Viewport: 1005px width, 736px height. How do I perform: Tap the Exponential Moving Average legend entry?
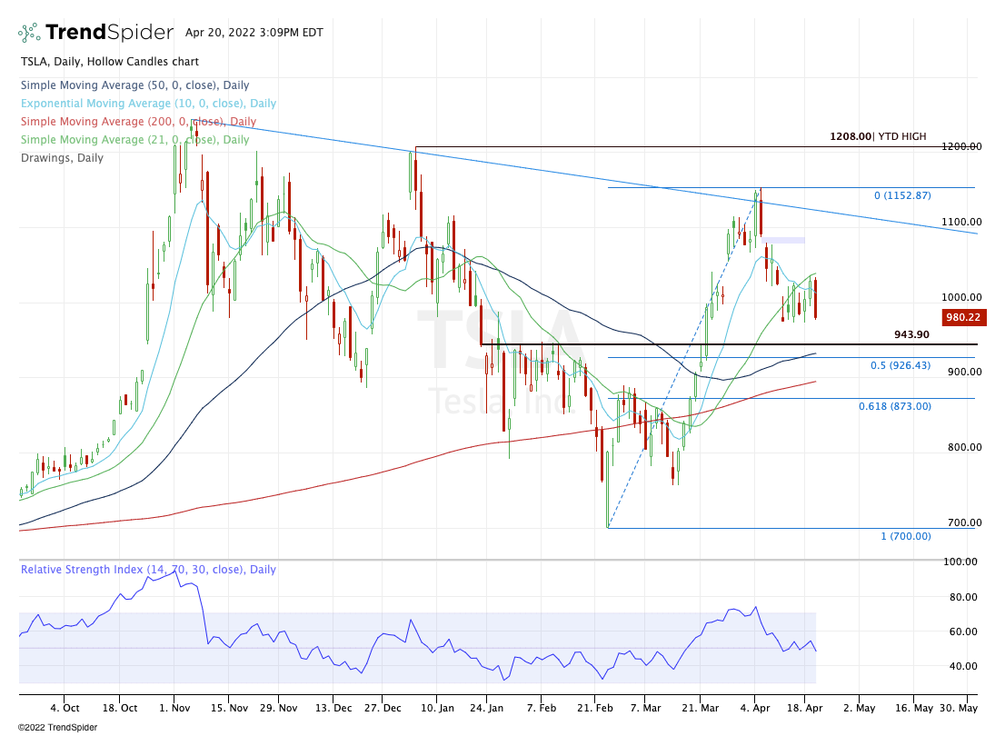[x=147, y=104]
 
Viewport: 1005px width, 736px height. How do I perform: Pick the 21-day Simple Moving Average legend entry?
[x=134, y=140]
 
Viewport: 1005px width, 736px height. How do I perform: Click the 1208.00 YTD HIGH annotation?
[x=877, y=136]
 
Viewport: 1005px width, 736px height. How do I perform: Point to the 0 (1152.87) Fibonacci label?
[x=902, y=195]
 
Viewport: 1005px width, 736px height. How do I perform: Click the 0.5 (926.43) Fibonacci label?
[x=901, y=365]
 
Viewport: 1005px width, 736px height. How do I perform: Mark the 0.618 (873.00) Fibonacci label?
[x=894, y=406]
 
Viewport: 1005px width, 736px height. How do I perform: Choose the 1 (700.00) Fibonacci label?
[x=905, y=536]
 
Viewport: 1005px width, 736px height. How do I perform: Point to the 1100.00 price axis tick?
[x=960, y=222]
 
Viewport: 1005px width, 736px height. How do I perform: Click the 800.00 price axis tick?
[x=960, y=447]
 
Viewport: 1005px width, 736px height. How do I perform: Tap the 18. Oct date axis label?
[x=118, y=708]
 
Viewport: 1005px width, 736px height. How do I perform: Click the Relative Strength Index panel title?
[x=148, y=570]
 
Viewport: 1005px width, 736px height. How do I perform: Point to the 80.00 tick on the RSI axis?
[x=963, y=597]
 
